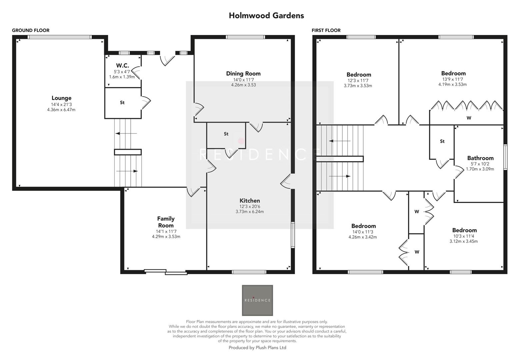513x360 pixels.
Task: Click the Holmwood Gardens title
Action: [266, 15]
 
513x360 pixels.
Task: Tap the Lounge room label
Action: [61, 98]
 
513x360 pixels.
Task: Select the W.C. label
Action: [122, 66]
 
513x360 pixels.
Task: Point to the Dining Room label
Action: [243, 74]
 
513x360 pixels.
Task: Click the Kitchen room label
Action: [250, 201]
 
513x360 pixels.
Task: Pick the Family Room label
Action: [166, 222]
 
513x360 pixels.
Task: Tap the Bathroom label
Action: [480, 158]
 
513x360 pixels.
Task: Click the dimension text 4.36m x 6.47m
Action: [61, 110]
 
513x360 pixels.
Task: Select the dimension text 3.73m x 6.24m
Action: [250, 212]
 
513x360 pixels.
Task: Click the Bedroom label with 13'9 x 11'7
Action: [453, 73]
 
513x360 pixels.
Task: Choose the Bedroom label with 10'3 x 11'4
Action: [464, 230]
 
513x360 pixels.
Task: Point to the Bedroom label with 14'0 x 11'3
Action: [363, 226]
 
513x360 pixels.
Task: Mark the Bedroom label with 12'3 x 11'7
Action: [359, 75]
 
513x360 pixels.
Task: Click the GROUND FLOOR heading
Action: [31, 30]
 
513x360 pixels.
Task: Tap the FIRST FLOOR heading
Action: [326, 30]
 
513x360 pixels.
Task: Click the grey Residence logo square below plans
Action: [257, 300]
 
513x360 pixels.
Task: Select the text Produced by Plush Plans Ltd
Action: [257, 348]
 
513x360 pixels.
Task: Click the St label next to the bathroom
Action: [442, 141]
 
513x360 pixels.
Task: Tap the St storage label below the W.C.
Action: [122, 103]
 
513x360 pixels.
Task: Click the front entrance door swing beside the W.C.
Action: [167, 60]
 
